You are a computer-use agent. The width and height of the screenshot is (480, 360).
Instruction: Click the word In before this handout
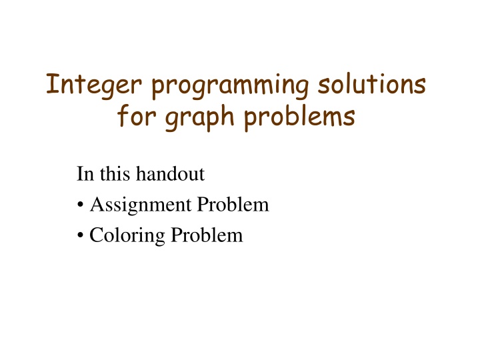(85, 175)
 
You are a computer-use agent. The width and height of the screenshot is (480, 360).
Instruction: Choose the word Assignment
(139, 206)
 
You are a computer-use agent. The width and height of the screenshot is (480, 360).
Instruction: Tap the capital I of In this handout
(80, 175)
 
